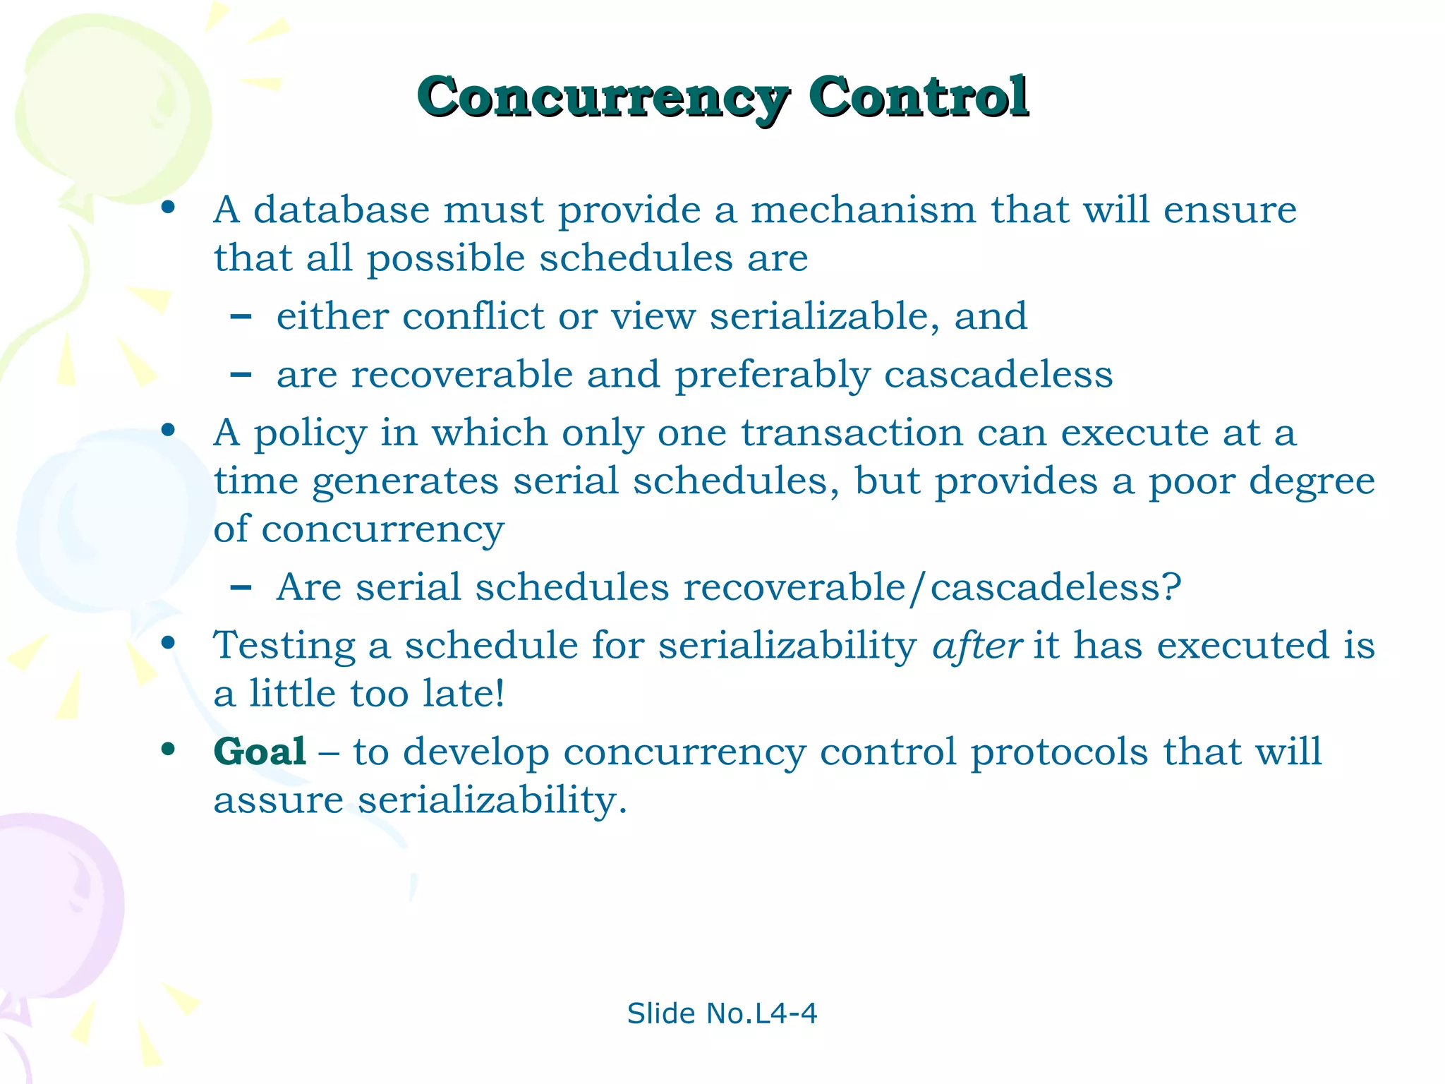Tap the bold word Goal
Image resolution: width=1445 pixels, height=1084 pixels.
pos(260,751)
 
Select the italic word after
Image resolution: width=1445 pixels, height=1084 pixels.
pos(977,645)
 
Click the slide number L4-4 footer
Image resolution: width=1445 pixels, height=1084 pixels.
pos(722,1013)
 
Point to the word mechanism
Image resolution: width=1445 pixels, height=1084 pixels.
pos(863,210)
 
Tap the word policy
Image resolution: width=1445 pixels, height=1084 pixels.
pos(310,433)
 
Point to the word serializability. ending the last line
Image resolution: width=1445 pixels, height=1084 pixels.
pos(492,800)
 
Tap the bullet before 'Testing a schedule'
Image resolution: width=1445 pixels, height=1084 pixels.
pos(168,643)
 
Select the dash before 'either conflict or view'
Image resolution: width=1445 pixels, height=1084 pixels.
pos(241,317)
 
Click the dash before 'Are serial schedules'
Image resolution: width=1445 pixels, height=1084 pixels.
pos(241,587)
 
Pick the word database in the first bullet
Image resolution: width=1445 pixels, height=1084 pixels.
pos(341,210)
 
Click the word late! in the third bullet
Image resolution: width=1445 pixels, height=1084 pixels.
pos(464,693)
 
